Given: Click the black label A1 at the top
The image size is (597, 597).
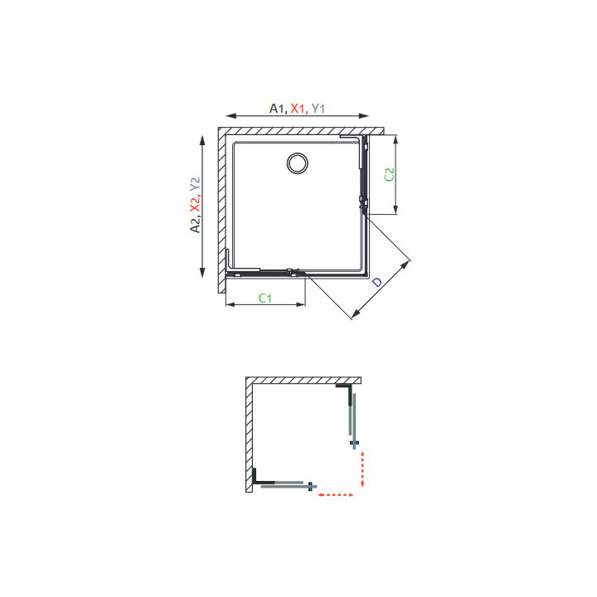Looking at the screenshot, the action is (276, 109).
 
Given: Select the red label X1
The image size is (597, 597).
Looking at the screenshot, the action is (298, 109).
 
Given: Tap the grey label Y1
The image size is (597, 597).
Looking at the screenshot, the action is (318, 109).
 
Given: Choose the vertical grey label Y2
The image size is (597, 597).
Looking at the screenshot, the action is (195, 184).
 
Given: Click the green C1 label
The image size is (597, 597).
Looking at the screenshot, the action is (265, 298).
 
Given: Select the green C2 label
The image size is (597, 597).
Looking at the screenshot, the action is (389, 175).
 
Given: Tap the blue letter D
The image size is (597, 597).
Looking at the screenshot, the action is (376, 282).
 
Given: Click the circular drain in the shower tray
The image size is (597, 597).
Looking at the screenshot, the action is (298, 163).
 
